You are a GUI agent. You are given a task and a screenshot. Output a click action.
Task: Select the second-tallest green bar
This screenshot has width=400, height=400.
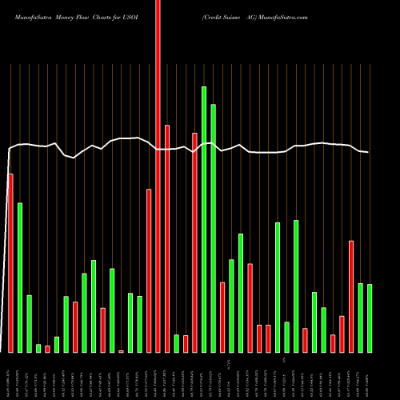click(214, 228)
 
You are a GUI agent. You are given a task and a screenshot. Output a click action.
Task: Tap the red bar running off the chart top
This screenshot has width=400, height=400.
click(158, 176)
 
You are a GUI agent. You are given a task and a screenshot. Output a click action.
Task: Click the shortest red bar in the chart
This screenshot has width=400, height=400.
click(121, 351)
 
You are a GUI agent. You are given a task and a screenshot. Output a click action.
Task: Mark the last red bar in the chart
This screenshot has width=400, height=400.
click(351, 296)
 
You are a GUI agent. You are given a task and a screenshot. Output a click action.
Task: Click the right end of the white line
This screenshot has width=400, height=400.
click(368, 152)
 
